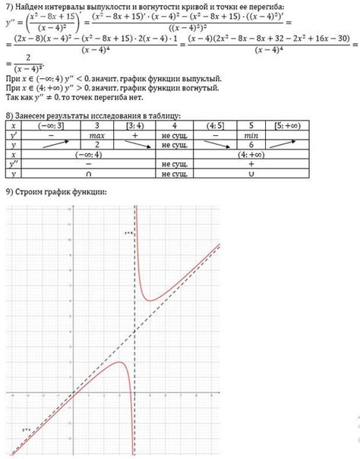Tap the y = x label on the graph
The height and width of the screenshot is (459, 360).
27,429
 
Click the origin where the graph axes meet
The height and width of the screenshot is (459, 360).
74,394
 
